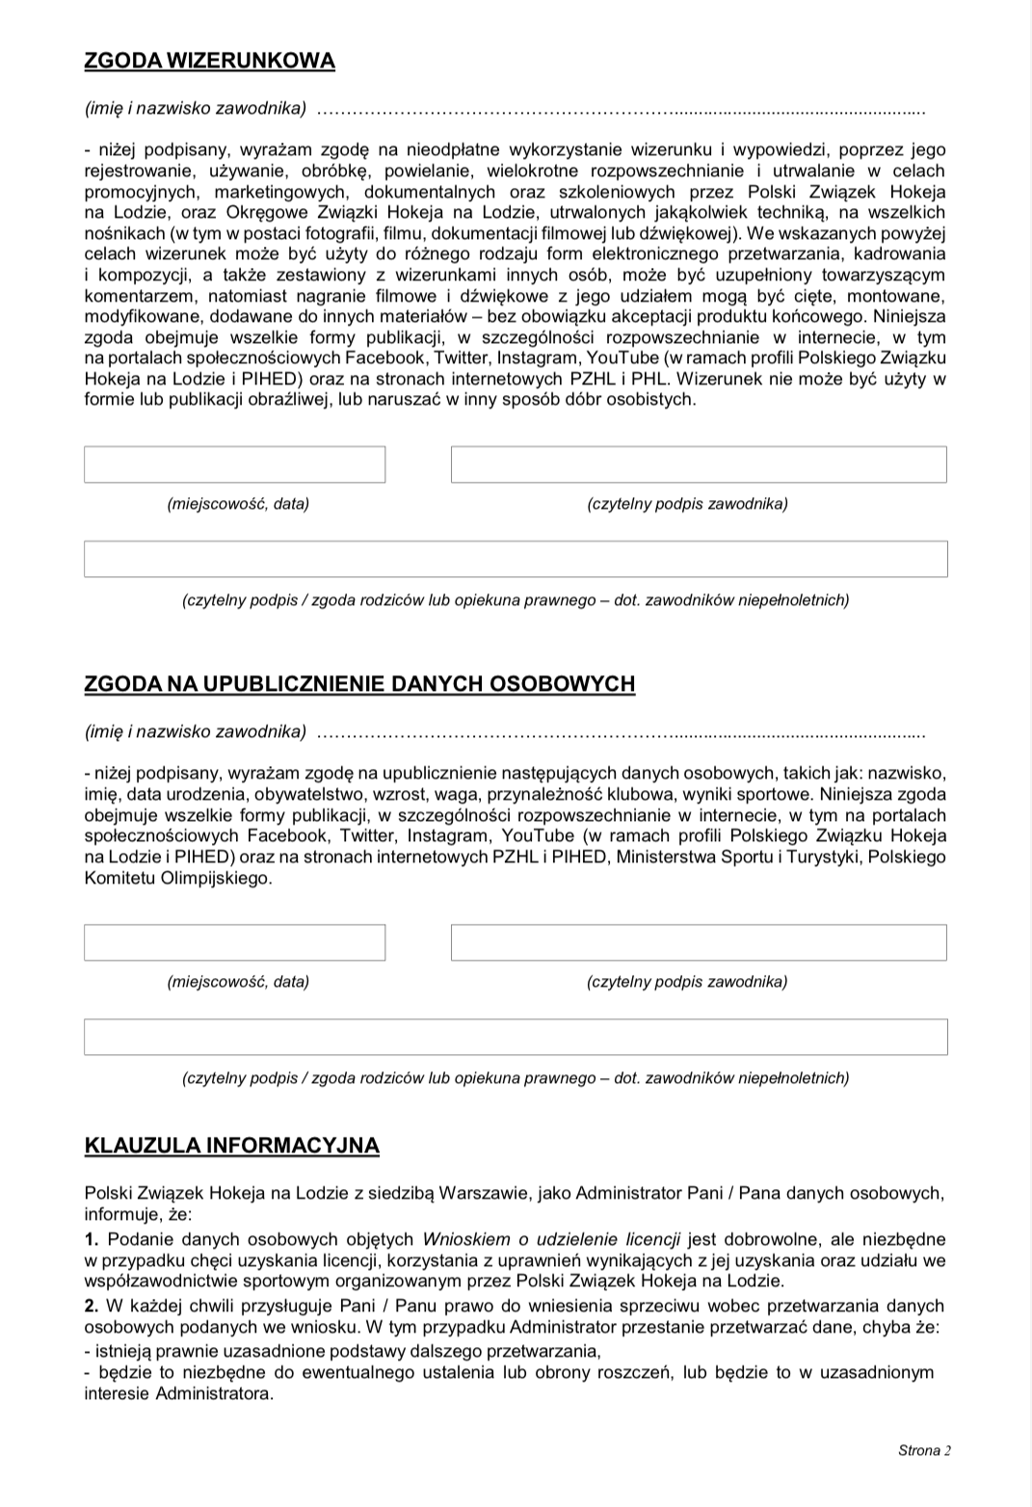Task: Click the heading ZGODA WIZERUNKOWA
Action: tap(210, 61)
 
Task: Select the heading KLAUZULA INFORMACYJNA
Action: tap(232, 1146)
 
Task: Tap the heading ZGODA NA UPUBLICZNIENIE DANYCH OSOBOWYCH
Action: tap(360, 684)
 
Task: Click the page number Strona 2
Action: tap(924, 1451)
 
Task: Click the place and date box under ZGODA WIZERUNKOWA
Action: tap(234, 464)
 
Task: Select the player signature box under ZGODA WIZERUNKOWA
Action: tap(699, 464)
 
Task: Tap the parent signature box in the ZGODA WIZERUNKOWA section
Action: tap(516, 559)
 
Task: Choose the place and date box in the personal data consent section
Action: tap(234, 942)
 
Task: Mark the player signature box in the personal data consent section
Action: tap(699, 942)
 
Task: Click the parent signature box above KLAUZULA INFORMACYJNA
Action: tap(516, 1037)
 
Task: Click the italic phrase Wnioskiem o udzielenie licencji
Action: tap(552, 1239)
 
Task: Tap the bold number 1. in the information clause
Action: tap(92, 1239)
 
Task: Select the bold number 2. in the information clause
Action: tap(92, 1306)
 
